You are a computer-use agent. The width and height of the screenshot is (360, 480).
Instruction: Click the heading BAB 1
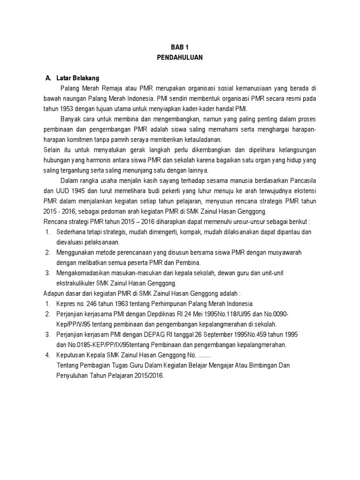click(180, 47)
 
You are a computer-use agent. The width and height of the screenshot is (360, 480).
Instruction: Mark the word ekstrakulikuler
click(75, 283)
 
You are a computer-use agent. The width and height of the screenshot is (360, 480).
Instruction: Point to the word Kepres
click(66, 304)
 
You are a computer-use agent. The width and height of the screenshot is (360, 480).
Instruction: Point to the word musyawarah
click(284, 253)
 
